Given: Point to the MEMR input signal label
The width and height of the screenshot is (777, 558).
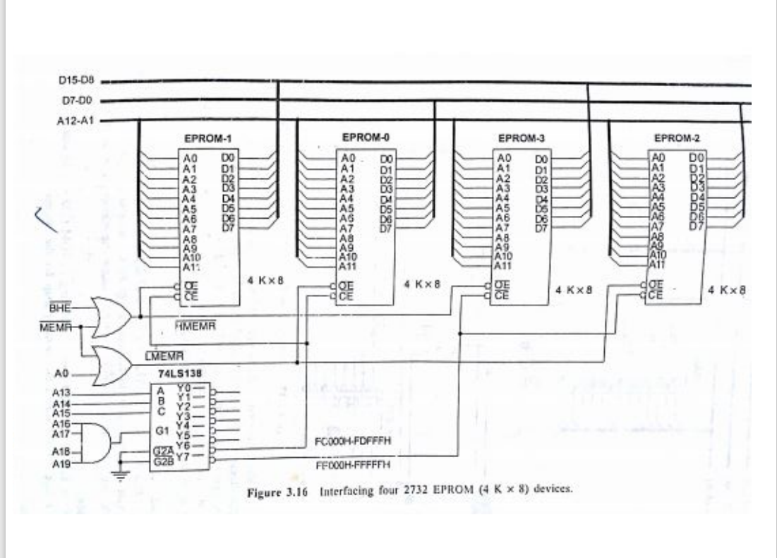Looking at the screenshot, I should tap(59, 327).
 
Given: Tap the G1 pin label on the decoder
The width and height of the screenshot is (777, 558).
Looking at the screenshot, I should tap(162, 430).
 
